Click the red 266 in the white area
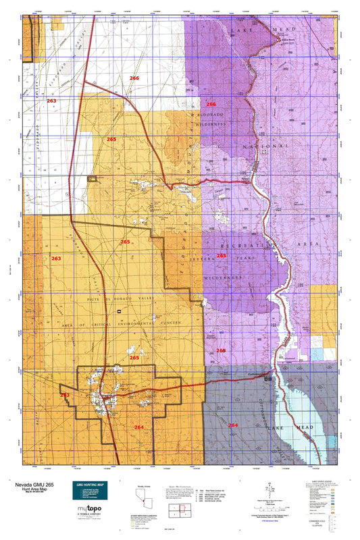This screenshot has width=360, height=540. [134, 78]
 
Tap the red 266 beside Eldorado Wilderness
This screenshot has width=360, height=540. [211, 104]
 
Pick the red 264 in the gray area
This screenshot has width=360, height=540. [232, 425]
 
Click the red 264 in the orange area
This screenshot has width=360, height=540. [138, 427]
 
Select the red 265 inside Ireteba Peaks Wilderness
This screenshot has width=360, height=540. [221, 256]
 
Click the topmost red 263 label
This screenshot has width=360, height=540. [51, 100]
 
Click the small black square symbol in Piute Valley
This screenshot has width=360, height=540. [120, 311]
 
